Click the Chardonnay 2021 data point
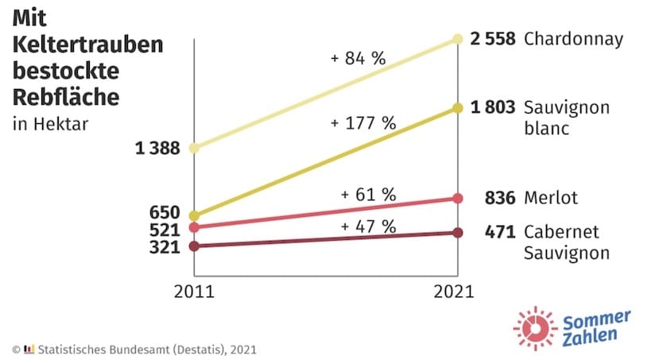pos(457,38)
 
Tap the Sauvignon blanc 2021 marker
pos(457,107)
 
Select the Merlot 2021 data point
pos(457,198)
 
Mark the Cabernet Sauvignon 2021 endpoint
pos(457,232)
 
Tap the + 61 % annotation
pos(367,194)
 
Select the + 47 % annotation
pos(367,226)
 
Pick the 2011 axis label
pos(193,291)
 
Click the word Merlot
pos(550,198)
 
